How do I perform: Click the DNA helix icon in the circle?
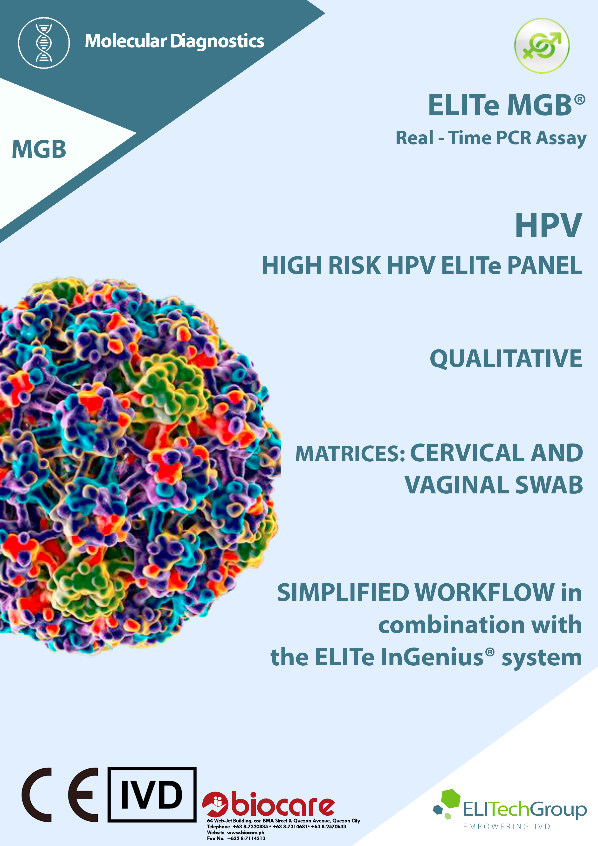click(44, 43)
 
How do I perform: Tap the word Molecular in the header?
click(126, 41)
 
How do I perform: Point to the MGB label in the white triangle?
click(39, 149)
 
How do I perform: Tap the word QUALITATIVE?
click(506, 359)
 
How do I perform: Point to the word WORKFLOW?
click(485, 593)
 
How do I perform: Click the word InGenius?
click(432, 657)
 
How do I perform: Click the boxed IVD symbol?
click(152, 794)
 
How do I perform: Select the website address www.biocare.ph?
click(245, 832)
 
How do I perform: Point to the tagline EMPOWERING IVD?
click(507, 826)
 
